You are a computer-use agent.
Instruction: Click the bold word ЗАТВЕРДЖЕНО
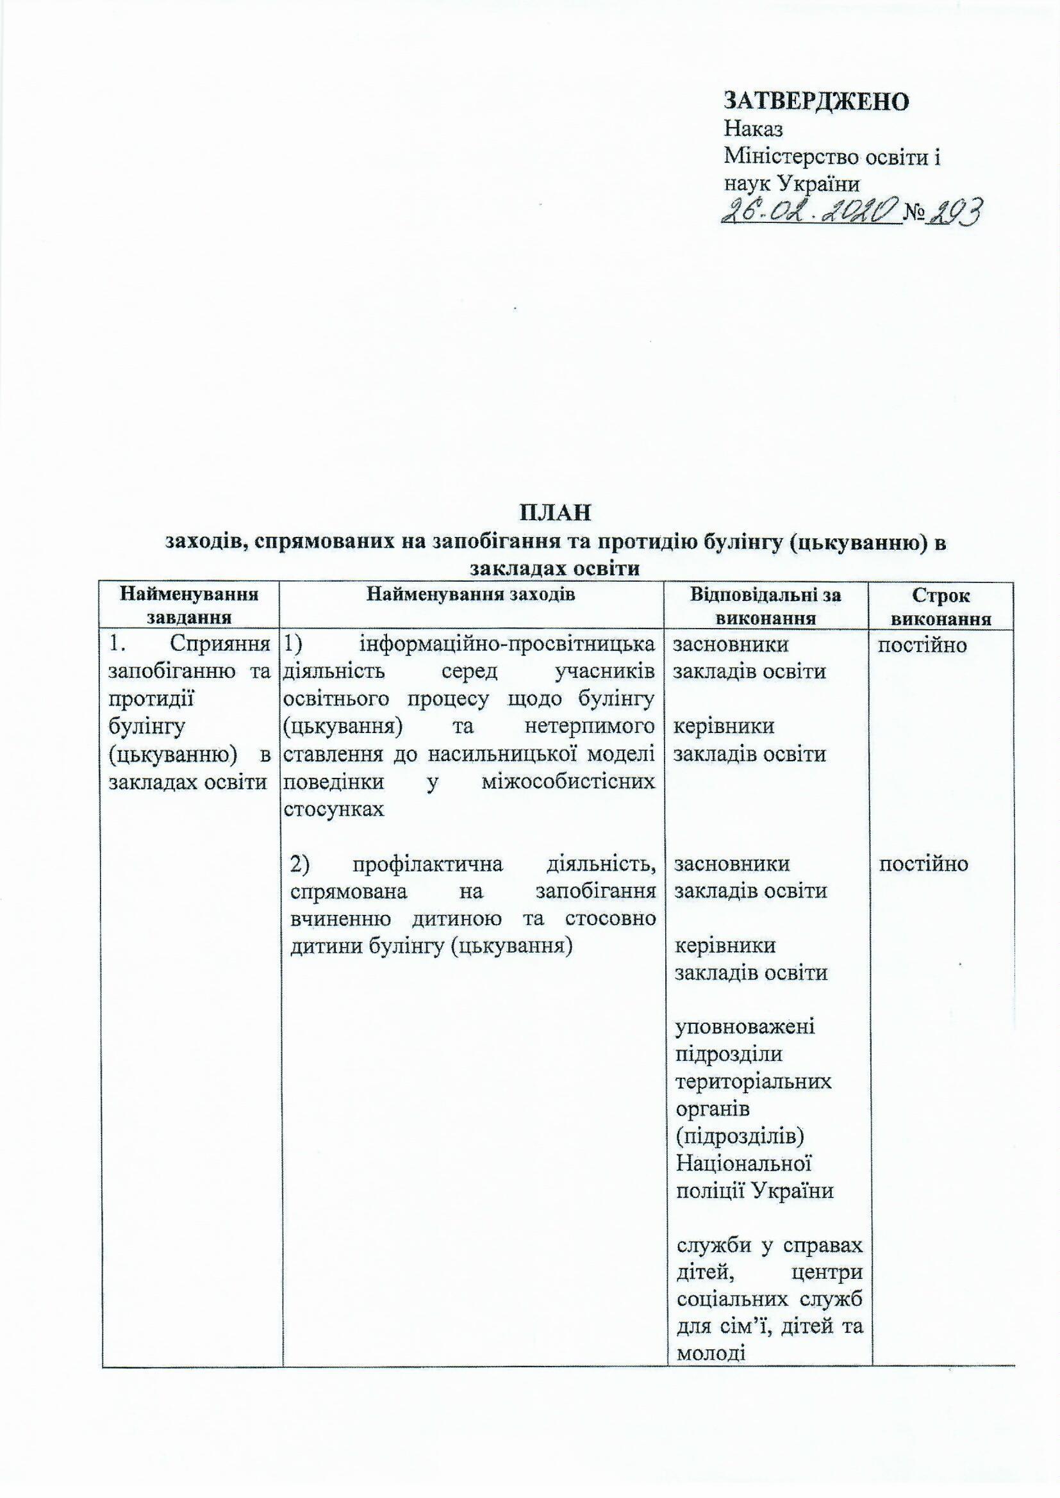816,101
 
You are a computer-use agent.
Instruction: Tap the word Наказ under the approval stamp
754,129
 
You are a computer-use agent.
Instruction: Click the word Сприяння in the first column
220,644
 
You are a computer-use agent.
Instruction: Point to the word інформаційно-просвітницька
507,644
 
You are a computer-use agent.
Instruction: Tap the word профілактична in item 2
427,864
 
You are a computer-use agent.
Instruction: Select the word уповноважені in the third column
745,1028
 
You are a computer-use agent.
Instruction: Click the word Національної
743,1165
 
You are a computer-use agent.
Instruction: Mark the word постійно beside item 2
923,864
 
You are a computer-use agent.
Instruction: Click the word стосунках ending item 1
333,809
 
